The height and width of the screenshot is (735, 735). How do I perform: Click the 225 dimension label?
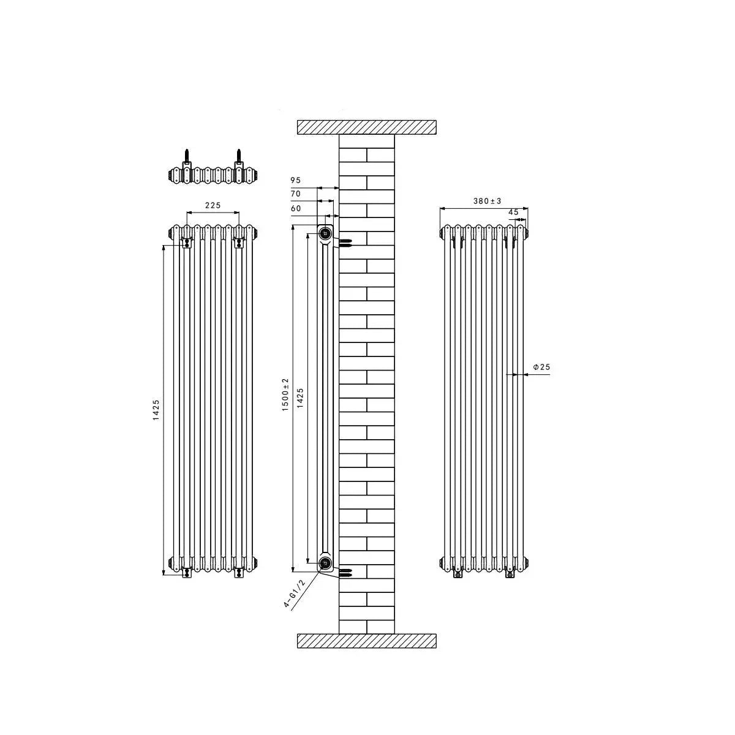[x=212, y=206]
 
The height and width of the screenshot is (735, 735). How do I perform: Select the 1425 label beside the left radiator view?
[x=156, y=409]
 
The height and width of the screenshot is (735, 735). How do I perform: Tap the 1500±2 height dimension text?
[x=285, y=394]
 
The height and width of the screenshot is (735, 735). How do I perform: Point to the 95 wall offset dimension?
[x=296, y=180]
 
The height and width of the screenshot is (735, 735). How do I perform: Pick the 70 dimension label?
[x=296, y=194]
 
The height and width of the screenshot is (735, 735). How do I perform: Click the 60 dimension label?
[x=296, y=208]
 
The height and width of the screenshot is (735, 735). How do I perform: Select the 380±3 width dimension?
[x=488, y=201]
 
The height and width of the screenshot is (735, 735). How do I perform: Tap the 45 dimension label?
[x=513, y=212]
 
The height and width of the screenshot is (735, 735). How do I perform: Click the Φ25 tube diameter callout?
[x=541, y=367]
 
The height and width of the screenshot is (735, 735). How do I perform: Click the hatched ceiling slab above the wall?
[x=366, y=127]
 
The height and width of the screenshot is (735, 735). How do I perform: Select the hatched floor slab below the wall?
[x=366, y=641]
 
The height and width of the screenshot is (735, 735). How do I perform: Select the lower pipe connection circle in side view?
[x=325, y=562]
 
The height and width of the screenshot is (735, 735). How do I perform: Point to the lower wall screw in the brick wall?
[x=345, y=572]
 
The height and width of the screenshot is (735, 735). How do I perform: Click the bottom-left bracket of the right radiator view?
[x=457, y=575]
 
